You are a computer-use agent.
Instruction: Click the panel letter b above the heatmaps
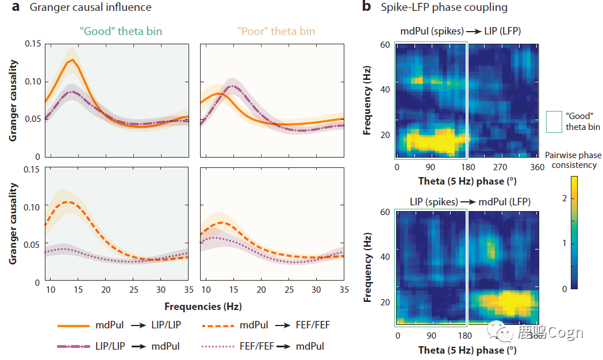[x=366, y=7]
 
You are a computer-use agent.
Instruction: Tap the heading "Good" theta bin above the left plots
[x=121, y=31]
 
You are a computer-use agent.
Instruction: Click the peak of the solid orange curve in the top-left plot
[x=72, y=59]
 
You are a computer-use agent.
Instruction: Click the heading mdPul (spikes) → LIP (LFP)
[x=461, y=31]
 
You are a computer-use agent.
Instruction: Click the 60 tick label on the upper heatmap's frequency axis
[x=385, y=44]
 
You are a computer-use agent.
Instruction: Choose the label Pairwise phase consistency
[x=573, y=160]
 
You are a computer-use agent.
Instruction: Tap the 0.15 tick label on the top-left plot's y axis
[x=33, y=44]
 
